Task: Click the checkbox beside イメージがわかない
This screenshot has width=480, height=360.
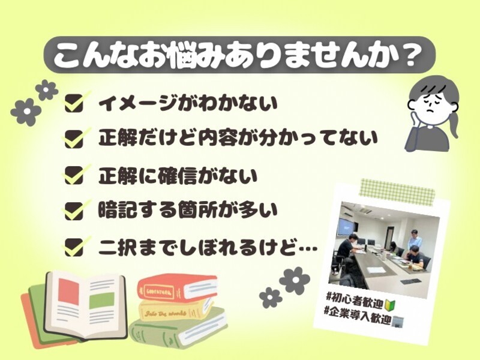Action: coord(74,103)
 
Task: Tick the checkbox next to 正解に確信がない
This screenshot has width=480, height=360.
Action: coord(74,175)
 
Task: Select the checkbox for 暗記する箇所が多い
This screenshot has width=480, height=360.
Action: coord(74,211)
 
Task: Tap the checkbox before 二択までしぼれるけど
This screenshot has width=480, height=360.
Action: coord(74,247)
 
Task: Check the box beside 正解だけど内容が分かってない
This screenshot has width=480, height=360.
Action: coord(74,139)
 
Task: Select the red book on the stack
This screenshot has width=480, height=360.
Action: coord(177,287)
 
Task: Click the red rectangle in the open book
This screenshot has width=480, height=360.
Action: coord(68,291)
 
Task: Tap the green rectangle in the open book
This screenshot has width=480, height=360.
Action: coord(101,301)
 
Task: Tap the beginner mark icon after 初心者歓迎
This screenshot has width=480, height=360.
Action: coord(389,304)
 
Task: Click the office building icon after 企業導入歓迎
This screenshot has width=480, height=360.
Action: coord(398,322)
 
